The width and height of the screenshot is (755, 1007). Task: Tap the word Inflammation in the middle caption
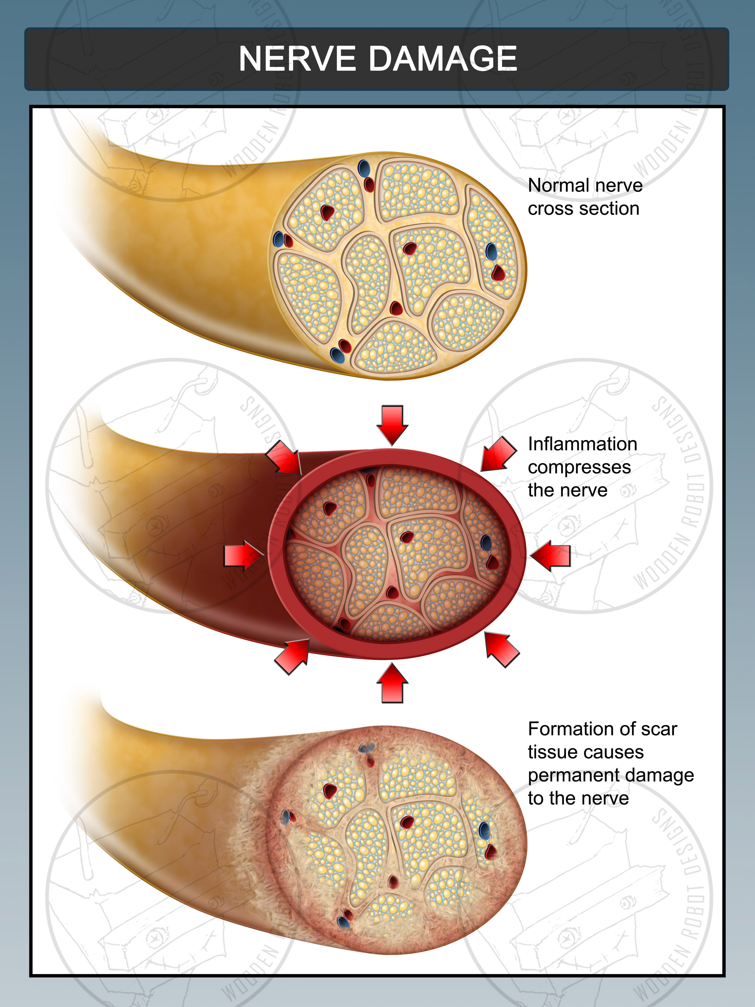click(582, 444)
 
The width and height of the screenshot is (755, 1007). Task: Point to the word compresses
click(579, 467)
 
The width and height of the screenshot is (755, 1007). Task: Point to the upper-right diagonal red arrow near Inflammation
click(498, 454)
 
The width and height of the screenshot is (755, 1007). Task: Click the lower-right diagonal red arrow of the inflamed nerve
click(501, 649)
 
